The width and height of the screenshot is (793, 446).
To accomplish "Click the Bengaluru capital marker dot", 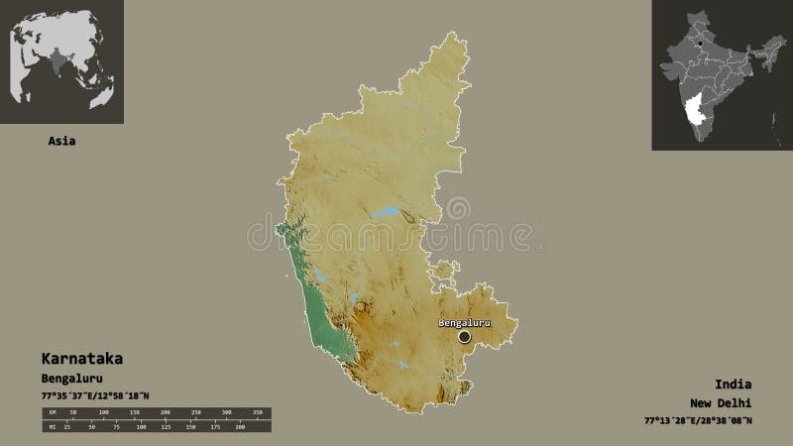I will [464, 337].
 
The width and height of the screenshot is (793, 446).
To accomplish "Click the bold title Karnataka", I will [82, 358].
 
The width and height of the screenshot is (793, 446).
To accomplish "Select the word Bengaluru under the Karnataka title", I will [72, 379].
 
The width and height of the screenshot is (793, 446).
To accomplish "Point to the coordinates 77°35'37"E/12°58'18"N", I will [95, 396].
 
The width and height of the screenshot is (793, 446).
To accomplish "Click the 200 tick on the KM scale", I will [165, 411].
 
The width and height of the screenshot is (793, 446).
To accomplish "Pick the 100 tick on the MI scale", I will [141, 427].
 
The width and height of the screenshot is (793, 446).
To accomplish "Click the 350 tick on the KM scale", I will [256, 411].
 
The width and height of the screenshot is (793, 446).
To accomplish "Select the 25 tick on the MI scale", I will [67, 427].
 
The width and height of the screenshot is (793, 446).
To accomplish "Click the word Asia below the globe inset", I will [61, 141].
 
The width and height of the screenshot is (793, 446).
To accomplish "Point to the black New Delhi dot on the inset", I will [701, 43].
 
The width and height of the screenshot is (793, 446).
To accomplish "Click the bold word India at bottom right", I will [733, 384].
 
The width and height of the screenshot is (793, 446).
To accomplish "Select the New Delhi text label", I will [721, 402].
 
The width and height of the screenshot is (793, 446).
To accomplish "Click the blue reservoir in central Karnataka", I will [385, 212].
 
